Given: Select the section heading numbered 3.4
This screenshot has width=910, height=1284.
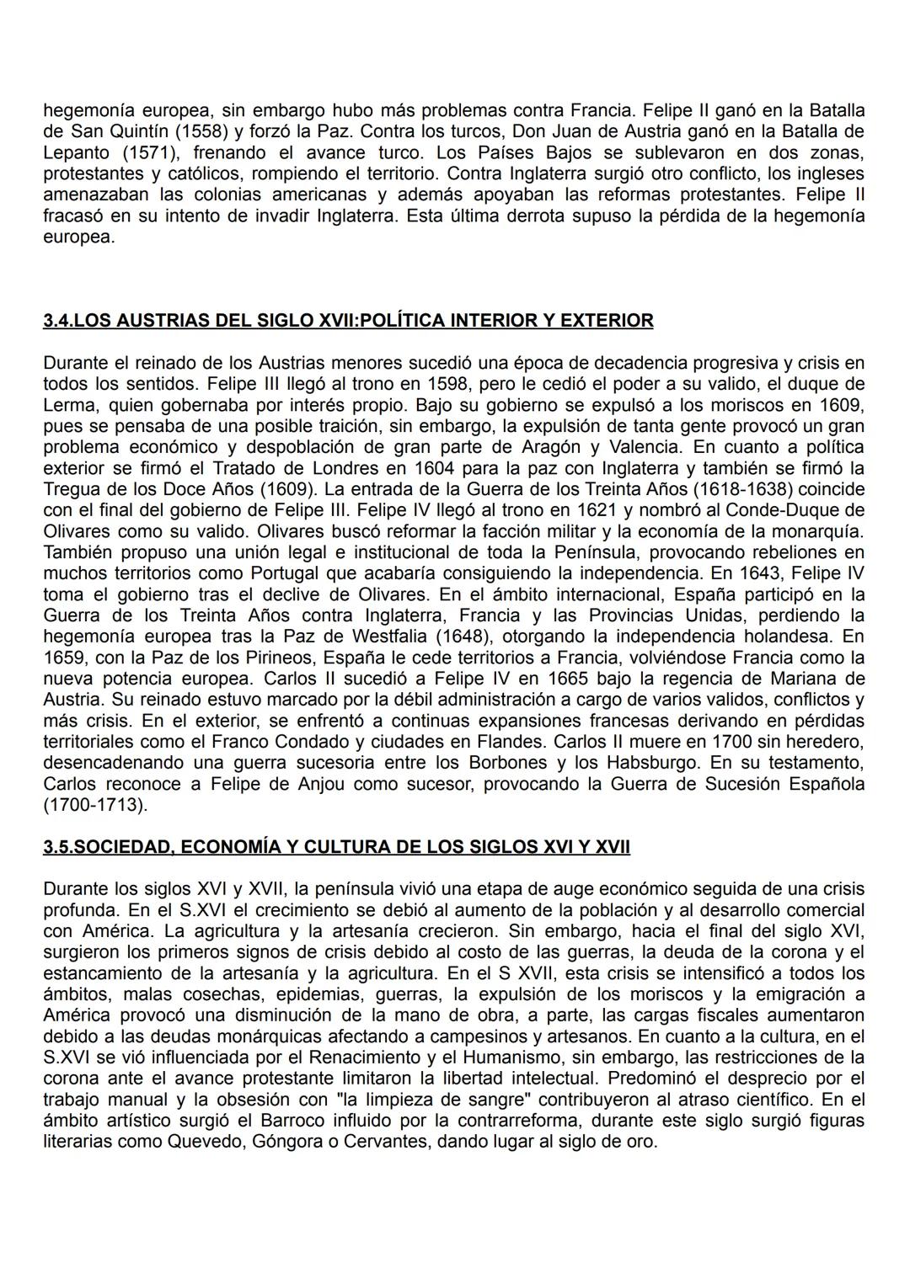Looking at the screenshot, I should pyautogui.click(x=348, y=321).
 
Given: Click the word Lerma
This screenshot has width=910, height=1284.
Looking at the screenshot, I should pyautogui.click(x=68, y=405).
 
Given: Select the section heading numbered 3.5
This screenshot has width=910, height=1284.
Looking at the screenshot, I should pyautogui.click(x=336, y=847).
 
